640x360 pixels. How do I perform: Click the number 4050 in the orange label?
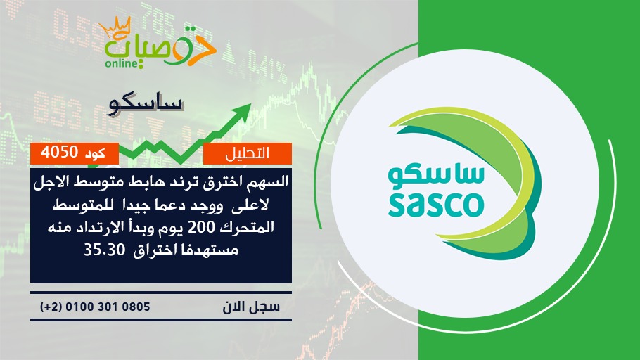click(x=59, y=152)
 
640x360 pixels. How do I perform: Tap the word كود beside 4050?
click(x=95, y=153)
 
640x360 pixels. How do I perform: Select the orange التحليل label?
click(x=248, y=153)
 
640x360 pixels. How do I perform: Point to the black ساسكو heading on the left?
click(x=146, y=105)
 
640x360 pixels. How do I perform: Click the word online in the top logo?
click(x=120, y=63)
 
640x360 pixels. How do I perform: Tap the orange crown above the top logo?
click(x=115, y=27)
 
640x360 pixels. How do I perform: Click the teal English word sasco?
click(x=436, y=205)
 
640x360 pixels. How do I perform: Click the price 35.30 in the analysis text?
click(x=104, y=250)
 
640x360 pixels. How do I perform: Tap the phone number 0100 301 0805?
click(x=108, y=307)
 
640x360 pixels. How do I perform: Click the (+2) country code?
click(x=51, y=307)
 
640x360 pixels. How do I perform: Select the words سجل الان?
click(x=251, y=307)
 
